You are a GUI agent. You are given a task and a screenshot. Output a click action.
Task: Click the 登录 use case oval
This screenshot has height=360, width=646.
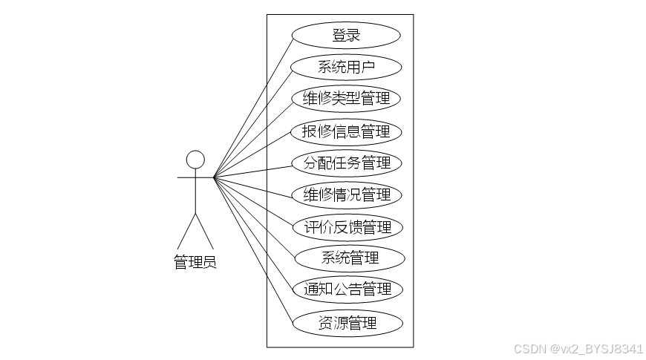346,35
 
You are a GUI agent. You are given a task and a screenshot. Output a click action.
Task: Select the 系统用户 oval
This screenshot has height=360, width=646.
346,67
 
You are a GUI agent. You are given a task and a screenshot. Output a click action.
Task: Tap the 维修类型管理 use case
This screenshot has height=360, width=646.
346,99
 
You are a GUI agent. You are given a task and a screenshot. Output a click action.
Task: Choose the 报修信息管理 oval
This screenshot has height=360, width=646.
346,131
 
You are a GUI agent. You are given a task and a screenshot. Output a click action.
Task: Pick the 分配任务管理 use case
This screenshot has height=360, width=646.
346,163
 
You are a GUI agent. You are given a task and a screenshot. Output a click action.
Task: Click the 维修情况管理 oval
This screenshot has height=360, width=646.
346,194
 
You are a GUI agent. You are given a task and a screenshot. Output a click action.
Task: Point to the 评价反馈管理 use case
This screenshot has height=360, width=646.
346,226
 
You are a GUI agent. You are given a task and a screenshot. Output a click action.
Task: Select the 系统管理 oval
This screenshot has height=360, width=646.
350,258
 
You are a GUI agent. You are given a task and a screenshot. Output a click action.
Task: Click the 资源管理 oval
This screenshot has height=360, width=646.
348,323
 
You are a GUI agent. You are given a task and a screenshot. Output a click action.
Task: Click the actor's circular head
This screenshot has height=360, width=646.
195,160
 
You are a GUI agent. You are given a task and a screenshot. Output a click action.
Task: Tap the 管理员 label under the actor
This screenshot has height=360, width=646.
195,262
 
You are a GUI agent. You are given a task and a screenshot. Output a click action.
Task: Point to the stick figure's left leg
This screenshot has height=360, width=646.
186,231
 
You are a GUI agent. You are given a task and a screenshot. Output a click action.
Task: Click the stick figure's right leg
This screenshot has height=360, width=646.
204,231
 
